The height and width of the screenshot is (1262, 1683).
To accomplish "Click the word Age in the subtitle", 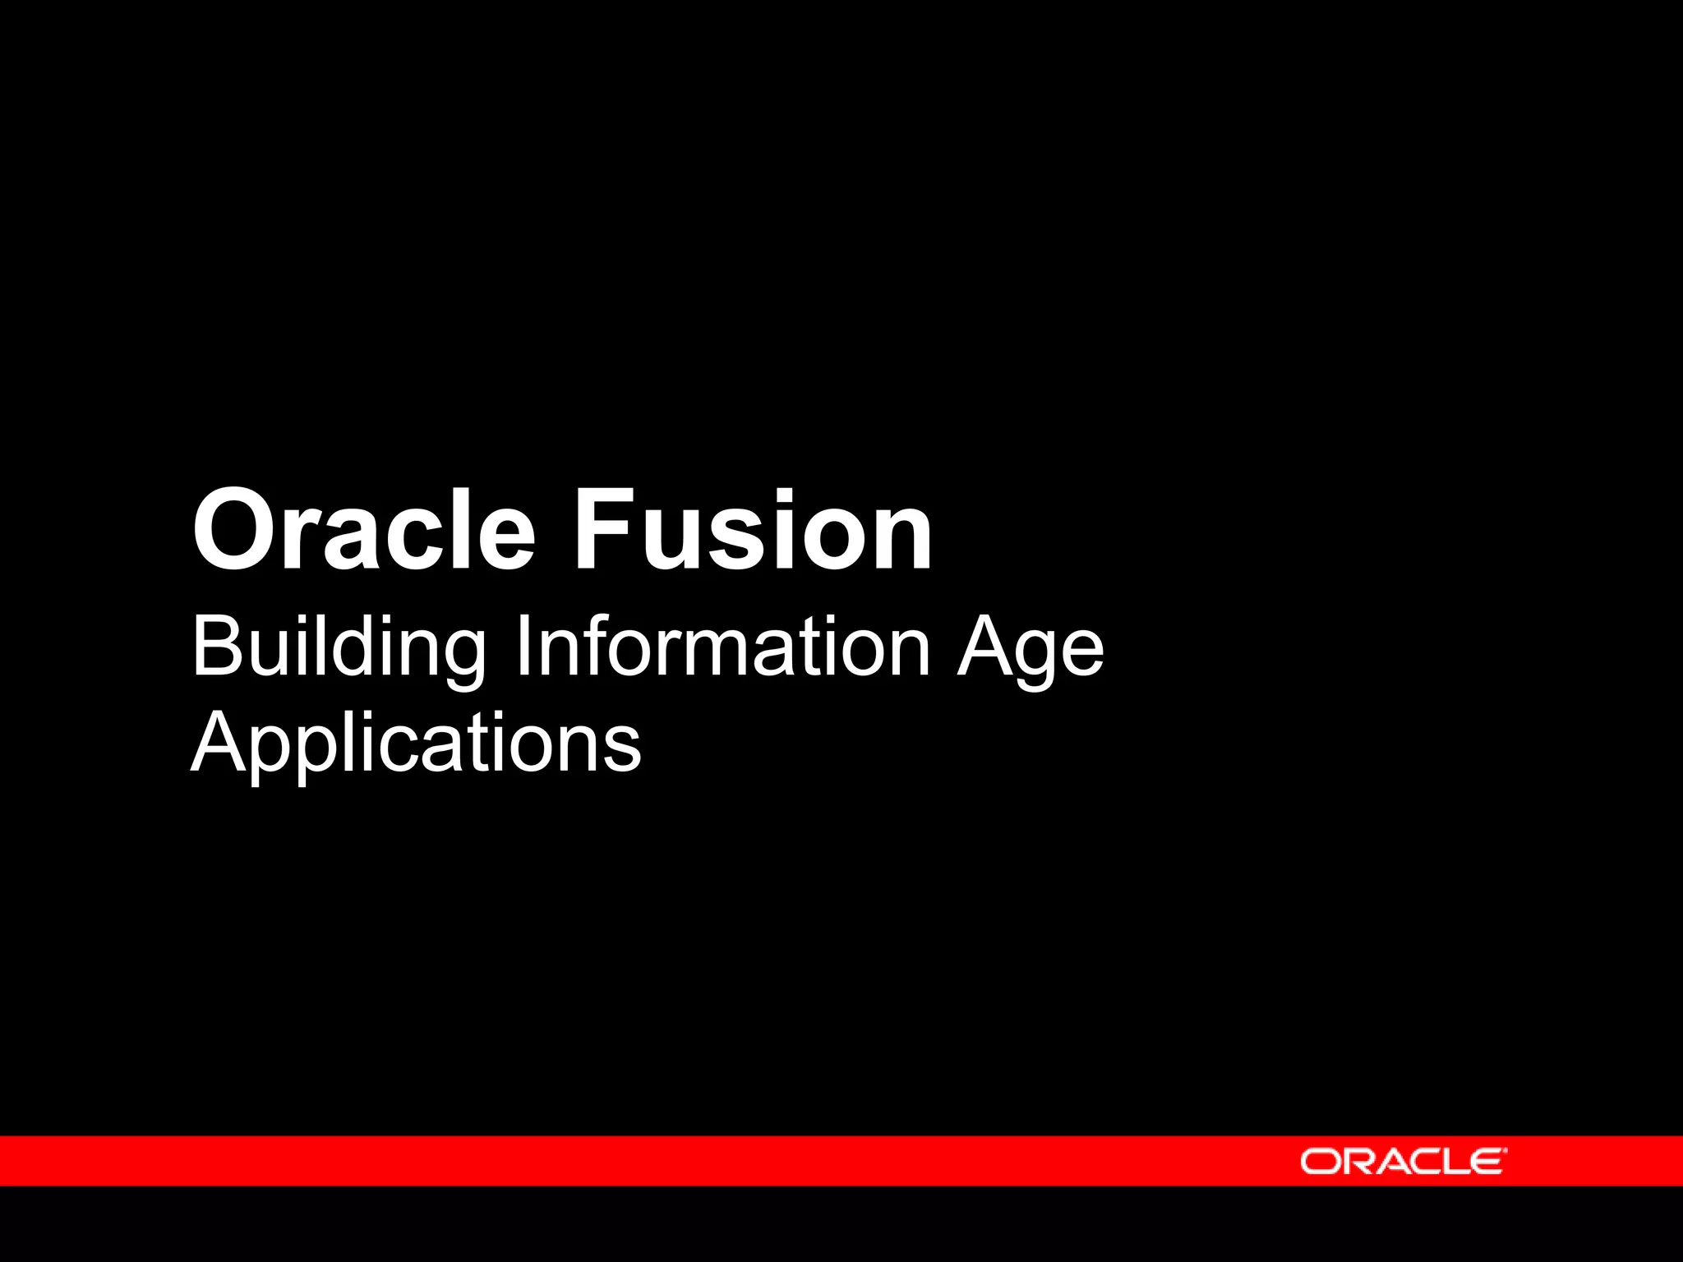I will [x=1030, y=649].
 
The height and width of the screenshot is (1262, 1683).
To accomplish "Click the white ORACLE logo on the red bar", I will [x=1403, y=1161].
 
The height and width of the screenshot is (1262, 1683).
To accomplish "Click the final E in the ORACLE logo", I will [x=1485, y=1162].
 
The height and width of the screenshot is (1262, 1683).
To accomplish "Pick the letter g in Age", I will [x=1035, y=657].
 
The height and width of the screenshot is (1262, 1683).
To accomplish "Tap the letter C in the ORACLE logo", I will [x=1420, y=1162].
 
